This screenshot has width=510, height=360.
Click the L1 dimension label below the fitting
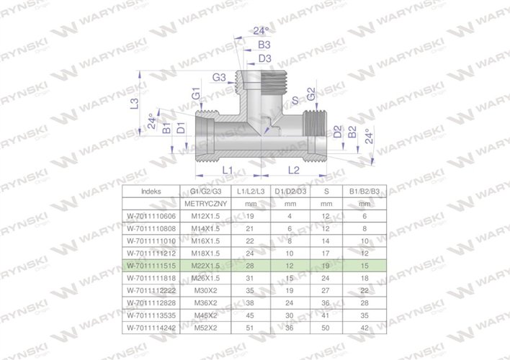[x=225, y=169]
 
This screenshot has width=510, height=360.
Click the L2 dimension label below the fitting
[x=295, y=169]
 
